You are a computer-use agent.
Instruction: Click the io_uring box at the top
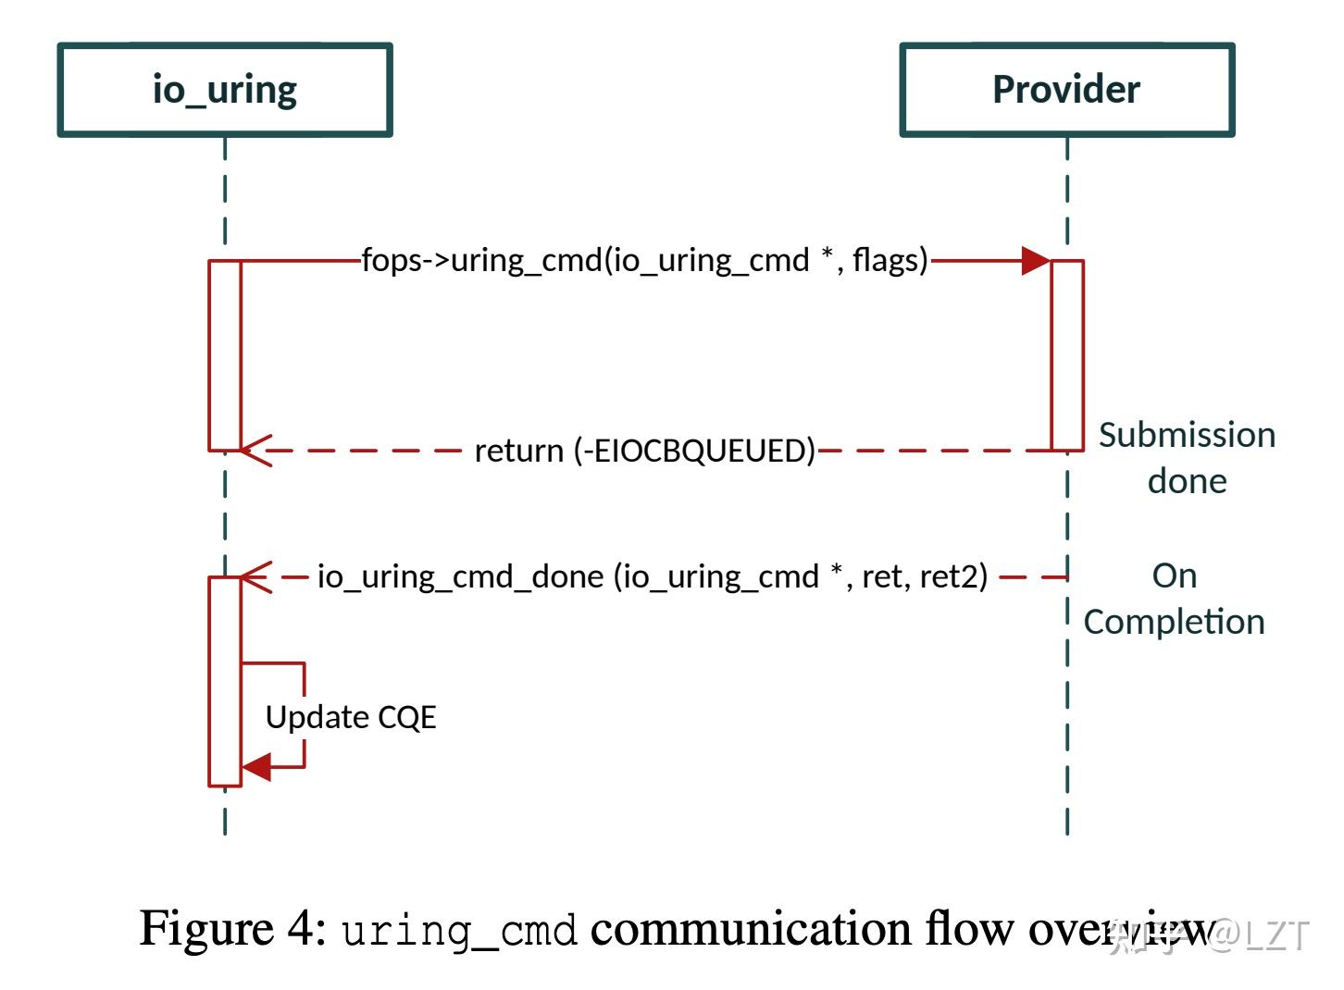(x=225, y=90)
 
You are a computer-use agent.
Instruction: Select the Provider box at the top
(x=1066, y=90)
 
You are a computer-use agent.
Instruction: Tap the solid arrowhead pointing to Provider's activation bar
(x=1036, y=261)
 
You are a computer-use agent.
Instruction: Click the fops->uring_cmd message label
(x=644, y=260)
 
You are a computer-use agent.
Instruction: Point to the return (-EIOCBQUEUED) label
(x=644, y=451)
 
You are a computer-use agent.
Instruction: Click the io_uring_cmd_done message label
(x=653, y=576)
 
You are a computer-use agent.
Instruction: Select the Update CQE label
(x=350, y=717)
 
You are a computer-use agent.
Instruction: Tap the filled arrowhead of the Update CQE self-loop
(x=256, y=767)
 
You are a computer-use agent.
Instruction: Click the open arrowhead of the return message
(x=255, y=451)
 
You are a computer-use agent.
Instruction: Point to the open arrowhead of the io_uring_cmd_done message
(x=255, y=576)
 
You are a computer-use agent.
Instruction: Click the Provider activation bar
(x=1067, y=355)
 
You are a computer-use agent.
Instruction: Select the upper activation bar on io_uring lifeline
(x=225, y=355)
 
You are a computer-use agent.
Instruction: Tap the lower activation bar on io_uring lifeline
(x=225, y=682)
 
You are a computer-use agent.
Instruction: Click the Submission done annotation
(x=1187, y=458)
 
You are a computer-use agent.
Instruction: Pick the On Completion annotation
(x=1174, y=599)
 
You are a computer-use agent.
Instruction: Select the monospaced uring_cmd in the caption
(x=459, y=931)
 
